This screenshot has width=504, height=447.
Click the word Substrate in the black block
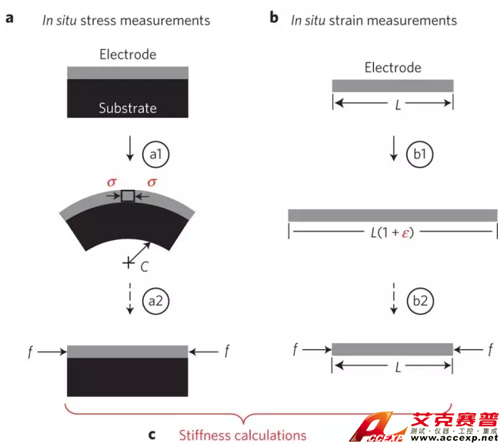(x=128, y=108)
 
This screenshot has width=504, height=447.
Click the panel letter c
(x=152, y=435)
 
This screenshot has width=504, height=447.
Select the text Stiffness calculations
(x=242, y=435)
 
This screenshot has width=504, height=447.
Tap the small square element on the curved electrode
(x=129, y=196)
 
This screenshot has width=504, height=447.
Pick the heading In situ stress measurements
(x=126, y=20)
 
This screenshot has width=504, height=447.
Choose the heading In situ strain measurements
(x=374, y=20)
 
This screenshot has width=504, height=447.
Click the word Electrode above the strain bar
(x=392, y=68)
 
